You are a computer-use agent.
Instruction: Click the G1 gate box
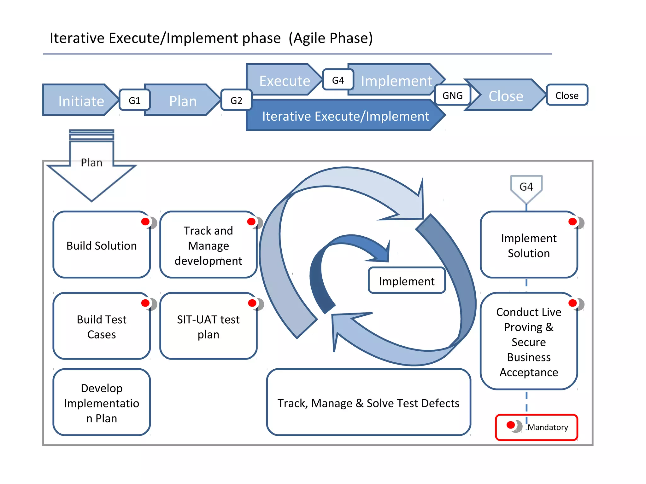134,100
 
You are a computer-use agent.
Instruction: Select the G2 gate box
236,100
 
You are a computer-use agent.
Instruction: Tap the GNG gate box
452,95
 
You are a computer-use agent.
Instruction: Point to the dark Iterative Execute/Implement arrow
345,116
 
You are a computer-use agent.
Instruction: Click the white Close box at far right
567,95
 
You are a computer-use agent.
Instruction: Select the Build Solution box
102,245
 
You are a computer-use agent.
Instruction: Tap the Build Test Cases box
102,327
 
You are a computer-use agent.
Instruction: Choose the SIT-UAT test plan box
208,327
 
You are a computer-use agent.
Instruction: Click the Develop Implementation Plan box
102,403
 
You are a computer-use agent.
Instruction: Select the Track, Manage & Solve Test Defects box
368,403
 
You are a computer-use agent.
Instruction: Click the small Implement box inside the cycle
407,281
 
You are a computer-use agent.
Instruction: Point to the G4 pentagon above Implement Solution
526,187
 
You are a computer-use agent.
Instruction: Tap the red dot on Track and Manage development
251,222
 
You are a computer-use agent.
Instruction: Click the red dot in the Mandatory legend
511,425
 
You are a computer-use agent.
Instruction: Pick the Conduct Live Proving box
529,342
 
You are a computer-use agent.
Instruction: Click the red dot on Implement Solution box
573,222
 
